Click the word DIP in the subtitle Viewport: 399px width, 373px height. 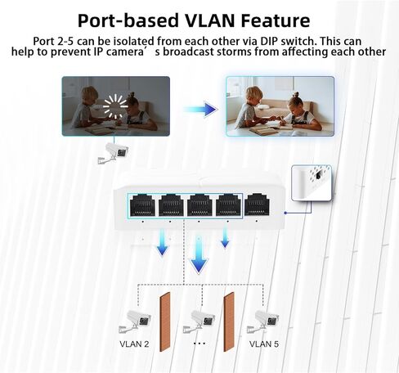pos(269,41)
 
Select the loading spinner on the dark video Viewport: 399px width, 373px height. pos(115,106)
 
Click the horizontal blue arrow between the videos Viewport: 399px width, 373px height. pos(200,110)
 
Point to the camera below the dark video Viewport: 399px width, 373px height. pos(113,153)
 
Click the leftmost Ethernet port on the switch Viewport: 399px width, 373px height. pos(142,205)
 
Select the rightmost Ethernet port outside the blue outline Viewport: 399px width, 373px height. pos(257,204)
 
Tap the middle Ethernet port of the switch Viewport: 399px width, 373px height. pos(199,205)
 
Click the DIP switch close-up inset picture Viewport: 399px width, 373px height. pos(312,183)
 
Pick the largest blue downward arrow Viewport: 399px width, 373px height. pos(199,254)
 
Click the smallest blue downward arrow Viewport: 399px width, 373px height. pos(225,238)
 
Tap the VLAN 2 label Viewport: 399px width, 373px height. pos(134,344)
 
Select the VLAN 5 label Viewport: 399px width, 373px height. pos(264,344)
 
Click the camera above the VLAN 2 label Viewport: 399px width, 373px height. pos(135,321)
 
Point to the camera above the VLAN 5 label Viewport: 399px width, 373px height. pos(263,321)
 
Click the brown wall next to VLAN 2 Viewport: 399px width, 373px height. pos(165,322)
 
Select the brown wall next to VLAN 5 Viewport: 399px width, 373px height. pos(229,322)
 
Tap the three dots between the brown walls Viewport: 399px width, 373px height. pos(199,344)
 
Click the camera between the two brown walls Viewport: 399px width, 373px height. pos(199,321)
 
